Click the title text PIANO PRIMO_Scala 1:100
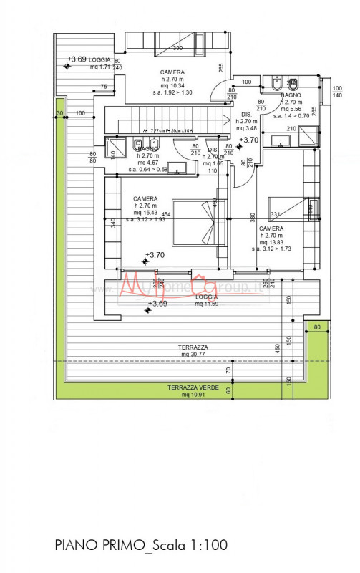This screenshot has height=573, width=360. [x=141, y=545]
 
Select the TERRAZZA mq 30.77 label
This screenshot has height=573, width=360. [x=194, y=350]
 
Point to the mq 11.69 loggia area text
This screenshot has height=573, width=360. [x=208, y=304]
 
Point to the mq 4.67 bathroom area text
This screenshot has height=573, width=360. [x=148, y=163]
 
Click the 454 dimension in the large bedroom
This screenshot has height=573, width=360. [x=165, y=214]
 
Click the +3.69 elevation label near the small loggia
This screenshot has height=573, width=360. [x=77, y=59]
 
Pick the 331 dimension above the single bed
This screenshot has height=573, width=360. [x=276, y=214]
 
